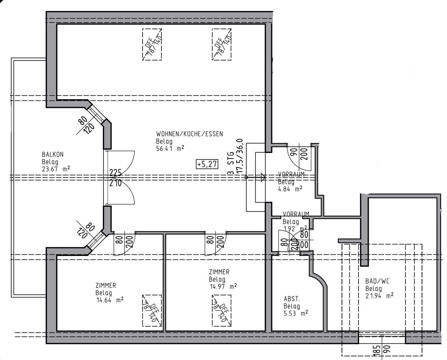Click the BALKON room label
[53, 154]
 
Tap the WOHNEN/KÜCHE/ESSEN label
[189, 134]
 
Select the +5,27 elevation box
[207, 164]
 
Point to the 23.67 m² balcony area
[56, 169]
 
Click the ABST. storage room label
[292, 299]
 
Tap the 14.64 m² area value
[110, 300]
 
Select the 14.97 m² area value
[223, 287]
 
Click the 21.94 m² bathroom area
[379, 296]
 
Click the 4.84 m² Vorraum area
[290, 189]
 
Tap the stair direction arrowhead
[263, 177]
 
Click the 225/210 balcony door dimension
[115, 177]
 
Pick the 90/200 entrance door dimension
[299, 154]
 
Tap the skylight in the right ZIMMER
[222, 310]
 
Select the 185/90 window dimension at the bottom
[381, 351]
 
